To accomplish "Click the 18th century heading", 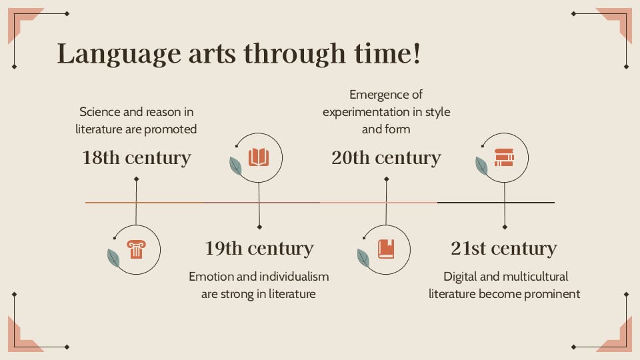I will pyautogui.click(x=137, y=158).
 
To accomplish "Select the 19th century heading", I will pyautogui.click(x=259, y=249).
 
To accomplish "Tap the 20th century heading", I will pyautogui.click(x=386, y=158).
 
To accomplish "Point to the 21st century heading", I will pyautogui.click(x=503, y=249).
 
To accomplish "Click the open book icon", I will pyautogui.click(x=259, y=157).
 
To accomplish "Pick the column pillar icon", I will pyautogui.click(x=136, y=249).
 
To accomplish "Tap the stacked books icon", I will pyautogui.click(x=505, y=157).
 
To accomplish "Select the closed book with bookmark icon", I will pyautogui.click(x=386, y=249).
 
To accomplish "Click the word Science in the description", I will pyautogui.click(x=101, y=112).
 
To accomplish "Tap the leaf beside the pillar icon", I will pyautogui.click(x=114, y=257).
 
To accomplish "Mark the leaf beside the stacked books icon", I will pyautogui.click(x=481, y=165).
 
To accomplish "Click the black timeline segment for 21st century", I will pyautogui.click(x=495, y=202).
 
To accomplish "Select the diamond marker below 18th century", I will pyautogui.click(x=136, y=179).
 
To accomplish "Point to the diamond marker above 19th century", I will pyautogui.click(x=259, y=227).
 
